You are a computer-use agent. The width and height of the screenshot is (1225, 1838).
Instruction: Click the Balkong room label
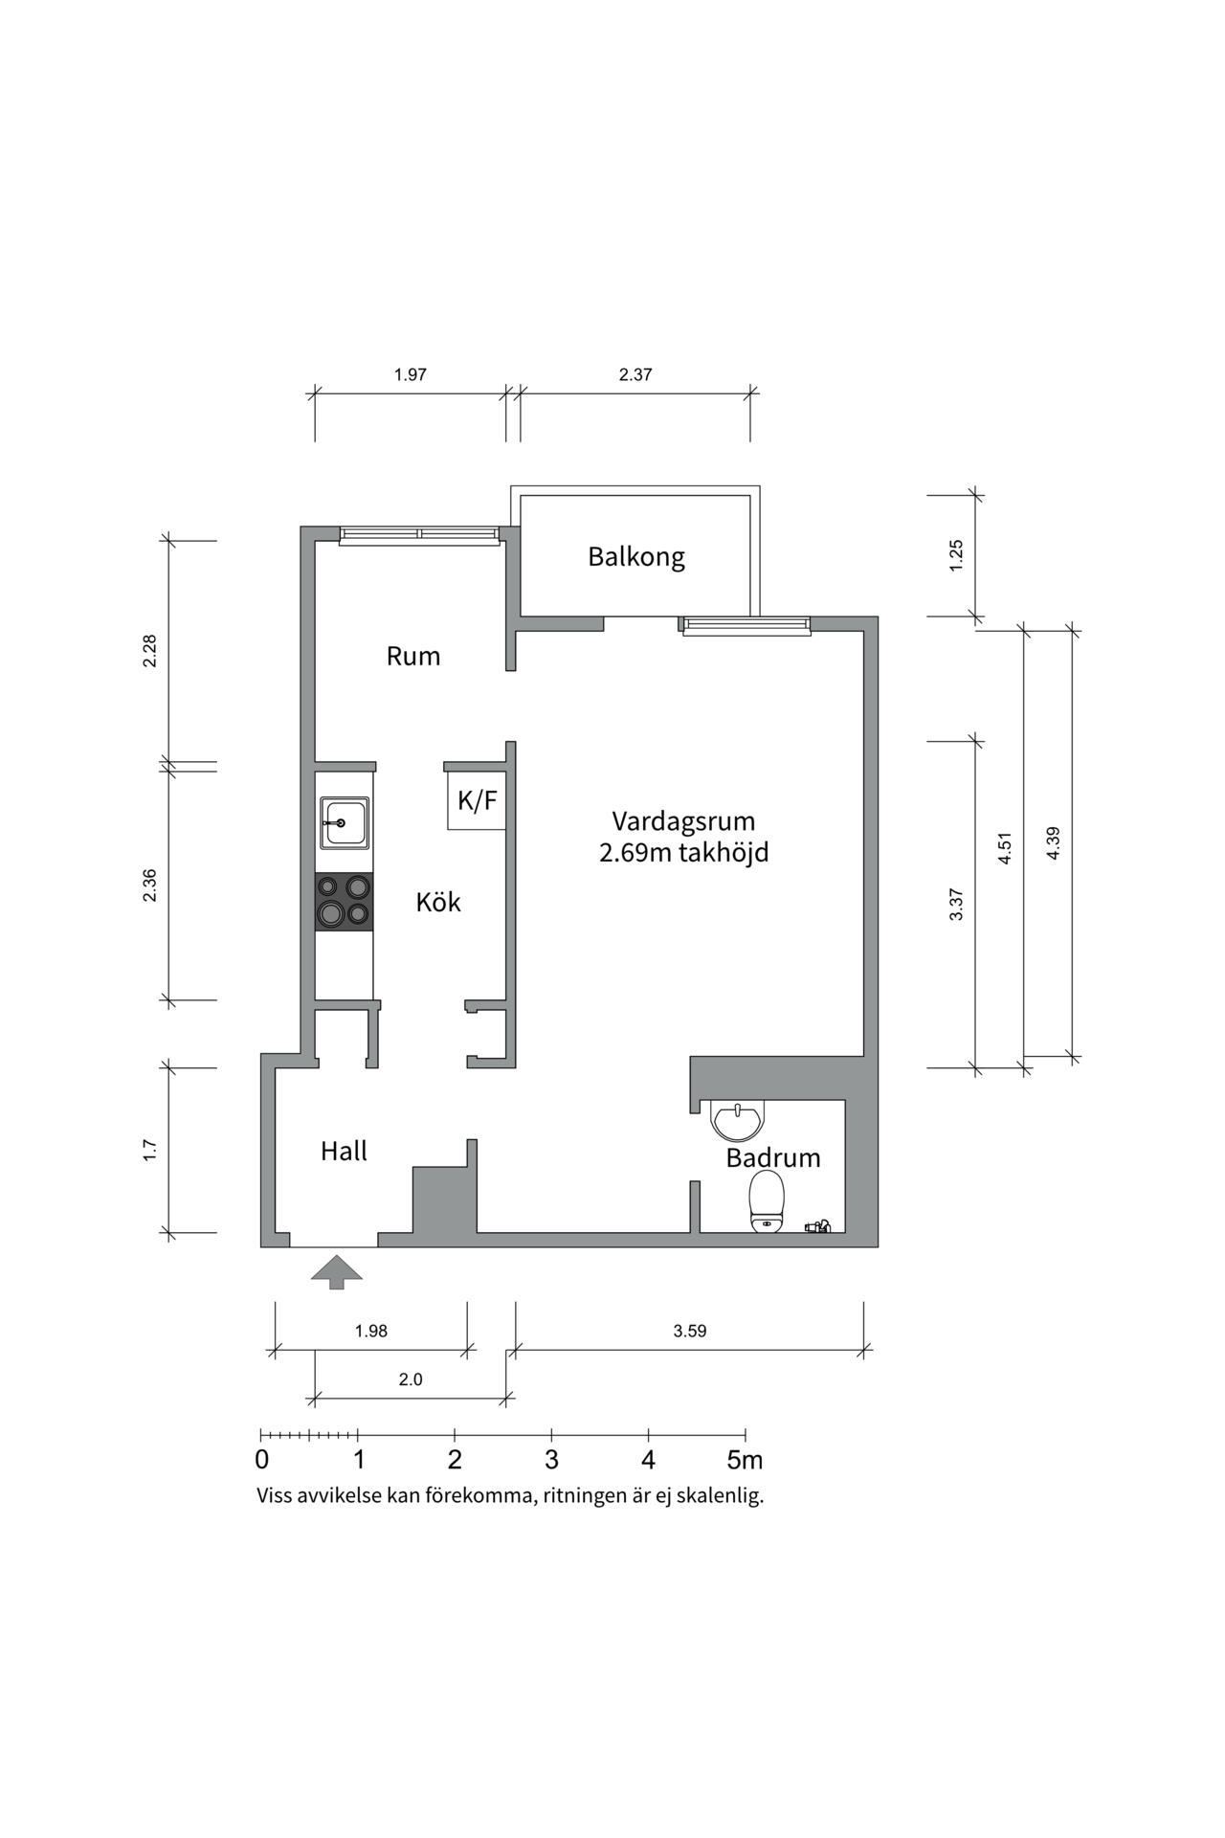point(636,557)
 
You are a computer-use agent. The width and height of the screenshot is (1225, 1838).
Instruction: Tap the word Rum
point(413,657)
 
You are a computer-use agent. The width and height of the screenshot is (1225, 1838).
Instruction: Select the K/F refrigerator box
point(477,800)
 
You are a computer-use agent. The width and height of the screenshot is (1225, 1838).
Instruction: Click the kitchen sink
point(345,823)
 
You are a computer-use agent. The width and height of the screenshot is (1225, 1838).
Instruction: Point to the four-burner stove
point(345,902)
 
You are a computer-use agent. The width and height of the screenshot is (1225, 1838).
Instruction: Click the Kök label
point(438,902)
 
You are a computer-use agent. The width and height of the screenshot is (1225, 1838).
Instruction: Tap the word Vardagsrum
point(683,821)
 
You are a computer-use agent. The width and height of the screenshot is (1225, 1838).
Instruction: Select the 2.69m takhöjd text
point(684,853)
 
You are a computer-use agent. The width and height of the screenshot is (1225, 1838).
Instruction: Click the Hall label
point(345,1151)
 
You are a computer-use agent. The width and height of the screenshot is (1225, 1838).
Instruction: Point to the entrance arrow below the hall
point(337,1271)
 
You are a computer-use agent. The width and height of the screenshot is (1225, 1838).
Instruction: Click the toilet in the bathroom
point(767,1201)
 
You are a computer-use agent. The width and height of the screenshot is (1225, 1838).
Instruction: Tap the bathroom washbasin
point(738,1120)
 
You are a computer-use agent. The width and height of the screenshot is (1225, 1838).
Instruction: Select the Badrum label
point(773,1158)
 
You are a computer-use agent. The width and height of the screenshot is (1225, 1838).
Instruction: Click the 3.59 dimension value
point(690,1331)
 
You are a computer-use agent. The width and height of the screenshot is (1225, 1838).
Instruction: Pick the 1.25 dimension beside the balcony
point(956,556)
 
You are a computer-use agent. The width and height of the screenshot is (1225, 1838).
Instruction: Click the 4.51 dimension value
point(1004,849)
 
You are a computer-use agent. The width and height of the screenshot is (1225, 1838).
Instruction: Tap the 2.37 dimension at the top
point(635,375)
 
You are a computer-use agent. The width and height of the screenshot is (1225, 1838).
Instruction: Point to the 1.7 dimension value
point(149,1151)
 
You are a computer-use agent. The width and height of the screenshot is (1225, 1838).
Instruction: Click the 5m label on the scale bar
point(745,1461)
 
